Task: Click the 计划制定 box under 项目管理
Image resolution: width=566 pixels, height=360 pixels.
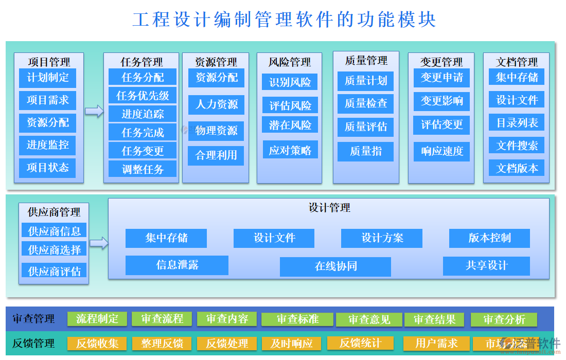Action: pyautogui.click(x=47, y=78)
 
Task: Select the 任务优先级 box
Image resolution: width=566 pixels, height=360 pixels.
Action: pyautogui.click(x=143, y=96)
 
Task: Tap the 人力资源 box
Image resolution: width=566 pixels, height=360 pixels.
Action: pyautogui.click(x=216, y=104)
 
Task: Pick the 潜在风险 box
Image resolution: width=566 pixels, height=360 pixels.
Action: pyautogui.click(x=290, y=125)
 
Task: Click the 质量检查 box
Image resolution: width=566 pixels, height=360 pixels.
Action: pyautogui.click(x=366, y=103)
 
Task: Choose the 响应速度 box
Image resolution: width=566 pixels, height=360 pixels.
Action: pyautogui.click(x=442, y=151)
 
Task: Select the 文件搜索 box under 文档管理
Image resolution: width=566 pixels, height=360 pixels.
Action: pyautogui.click(x=517, y=146)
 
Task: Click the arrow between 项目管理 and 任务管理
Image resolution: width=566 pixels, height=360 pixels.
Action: pyautogui.click(x=94, y=111)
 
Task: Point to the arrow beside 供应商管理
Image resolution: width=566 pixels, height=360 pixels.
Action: pyautogui.click(x=99, y=243)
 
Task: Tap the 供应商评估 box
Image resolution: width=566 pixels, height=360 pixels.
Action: pyautogui.click(x=54, y=271)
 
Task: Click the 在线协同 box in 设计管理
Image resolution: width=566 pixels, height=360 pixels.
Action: pyautogui.click(x=335, y=266)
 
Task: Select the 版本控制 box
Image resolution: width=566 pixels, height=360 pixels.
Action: pyautogui.click(x=489, y=238)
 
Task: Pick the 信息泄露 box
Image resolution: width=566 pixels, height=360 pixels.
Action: pyautogui.click(x=177, y=265)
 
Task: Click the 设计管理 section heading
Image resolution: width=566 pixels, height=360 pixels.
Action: pyautogui.click(x=329, y=208)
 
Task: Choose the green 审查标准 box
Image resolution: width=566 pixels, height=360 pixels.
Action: pyautogui.click(x=297, y=319)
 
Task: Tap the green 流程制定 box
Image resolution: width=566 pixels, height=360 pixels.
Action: pyautogui.click(x=97, y=319)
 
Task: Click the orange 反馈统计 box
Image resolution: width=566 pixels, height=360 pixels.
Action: pyautogui.click(x=360, y=343)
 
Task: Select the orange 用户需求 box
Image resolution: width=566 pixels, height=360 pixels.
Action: pyautogui.click(x=436, y=343)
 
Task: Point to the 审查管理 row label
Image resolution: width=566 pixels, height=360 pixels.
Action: pyautogui.click(x=33, y=319)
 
